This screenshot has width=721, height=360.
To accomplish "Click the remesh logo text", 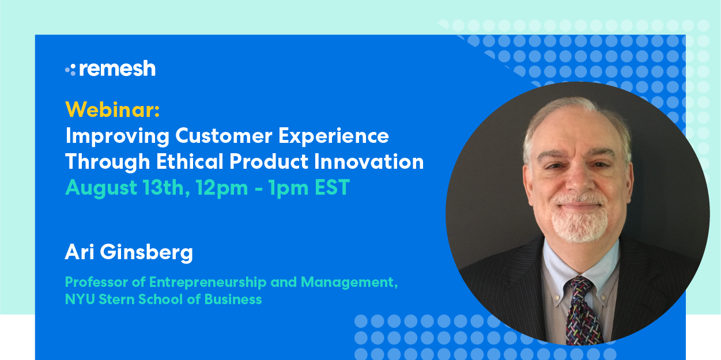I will coord(118,69).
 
